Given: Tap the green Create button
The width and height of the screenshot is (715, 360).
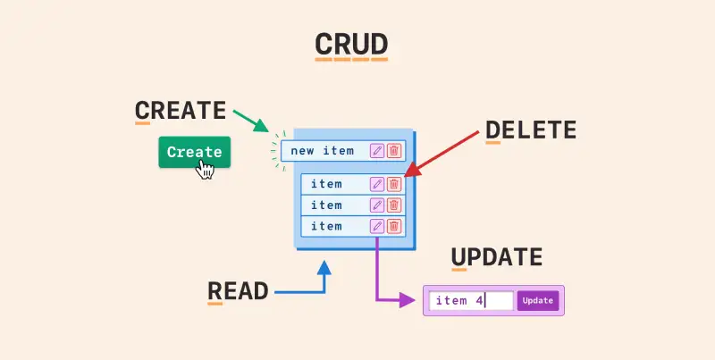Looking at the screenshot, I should pyautogui.click(x=194, y=152).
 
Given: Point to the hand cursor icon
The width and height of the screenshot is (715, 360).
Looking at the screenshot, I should pyautogui.click(x=206, y=168).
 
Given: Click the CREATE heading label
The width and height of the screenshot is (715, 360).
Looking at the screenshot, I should pyautogui.click(x=180, y=111).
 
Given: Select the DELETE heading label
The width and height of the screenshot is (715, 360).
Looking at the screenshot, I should pyautogui.click(x=531, y=130).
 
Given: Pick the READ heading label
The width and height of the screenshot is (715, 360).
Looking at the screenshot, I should pyautogui.click(x=238, y=290).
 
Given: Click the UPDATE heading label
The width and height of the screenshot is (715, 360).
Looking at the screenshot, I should pyautogui.click(x=496, y=258).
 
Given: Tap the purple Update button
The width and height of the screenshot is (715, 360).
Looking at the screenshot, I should pyautogui.click(x=537, y=301).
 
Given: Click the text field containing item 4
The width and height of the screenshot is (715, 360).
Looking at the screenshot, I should pyautogui.click(x=470, y=301).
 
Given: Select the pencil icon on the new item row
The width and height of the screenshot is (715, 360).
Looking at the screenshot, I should pyautogui.click(x=377, y=151).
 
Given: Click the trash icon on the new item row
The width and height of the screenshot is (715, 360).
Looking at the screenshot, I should pyautogui.click(x=394, y=151).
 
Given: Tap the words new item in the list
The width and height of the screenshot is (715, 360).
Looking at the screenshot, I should pyautogui.click(x=322, y=151).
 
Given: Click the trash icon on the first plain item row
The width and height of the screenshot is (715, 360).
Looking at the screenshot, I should pyautogui.click(x=394, y=184).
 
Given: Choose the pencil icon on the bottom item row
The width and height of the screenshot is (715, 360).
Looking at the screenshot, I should pyautogui.click(x=377, y=227).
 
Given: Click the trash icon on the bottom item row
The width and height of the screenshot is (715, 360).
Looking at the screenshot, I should pyautogui.click(x=394, y=227).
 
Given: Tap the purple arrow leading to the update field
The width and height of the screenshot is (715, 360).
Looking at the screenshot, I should pyautogui.click(x=378, y=277).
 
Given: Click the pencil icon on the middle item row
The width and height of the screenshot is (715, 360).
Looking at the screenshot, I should pyautogui.click(x=377, y=205).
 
